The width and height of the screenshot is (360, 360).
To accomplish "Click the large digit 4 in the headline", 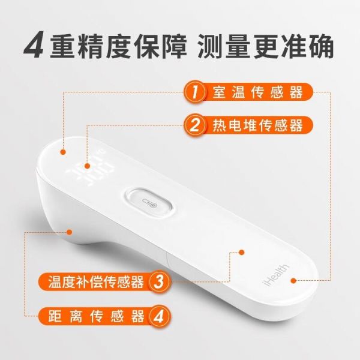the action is [34, 46].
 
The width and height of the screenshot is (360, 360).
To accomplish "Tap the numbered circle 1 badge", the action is [194, 92].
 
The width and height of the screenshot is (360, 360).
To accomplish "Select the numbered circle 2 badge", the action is [194, 125].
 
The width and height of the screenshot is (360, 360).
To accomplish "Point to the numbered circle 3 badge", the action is [159, 282].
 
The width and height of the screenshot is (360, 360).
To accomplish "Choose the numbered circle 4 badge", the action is [159, 316].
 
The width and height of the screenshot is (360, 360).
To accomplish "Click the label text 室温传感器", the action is [257, 92].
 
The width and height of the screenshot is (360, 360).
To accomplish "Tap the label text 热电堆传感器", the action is [257, 125].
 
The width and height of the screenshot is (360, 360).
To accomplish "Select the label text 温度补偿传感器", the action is [96, 282].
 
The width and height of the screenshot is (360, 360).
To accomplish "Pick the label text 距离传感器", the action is [96, 316].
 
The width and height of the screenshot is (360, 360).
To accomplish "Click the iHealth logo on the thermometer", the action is [275, 275].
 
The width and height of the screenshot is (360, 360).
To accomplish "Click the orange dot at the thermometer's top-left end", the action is [63, 152].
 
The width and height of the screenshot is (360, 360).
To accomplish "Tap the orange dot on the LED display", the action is [87, 166].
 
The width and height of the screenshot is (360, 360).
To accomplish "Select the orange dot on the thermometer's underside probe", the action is [69, 232].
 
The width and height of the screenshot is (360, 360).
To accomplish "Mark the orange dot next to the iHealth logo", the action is [293, 280].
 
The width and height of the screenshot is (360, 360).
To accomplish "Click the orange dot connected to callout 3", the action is [242, 253].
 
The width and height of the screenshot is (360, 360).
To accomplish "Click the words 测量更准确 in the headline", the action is [266, 47].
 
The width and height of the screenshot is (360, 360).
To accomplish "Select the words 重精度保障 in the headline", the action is [118, 47].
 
